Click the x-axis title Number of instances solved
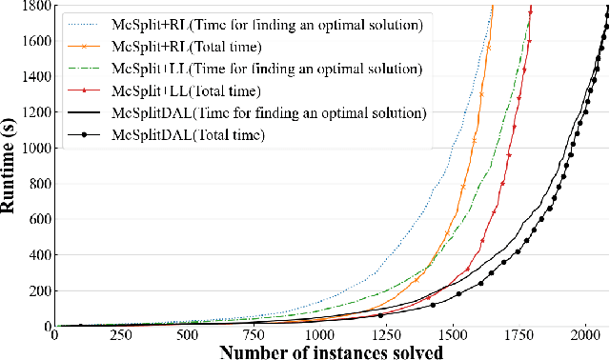point(332,350)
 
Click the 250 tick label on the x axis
point(120,335)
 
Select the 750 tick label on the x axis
point(253,335)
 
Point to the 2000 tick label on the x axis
point(584,335)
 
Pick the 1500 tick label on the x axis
point(452,335)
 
